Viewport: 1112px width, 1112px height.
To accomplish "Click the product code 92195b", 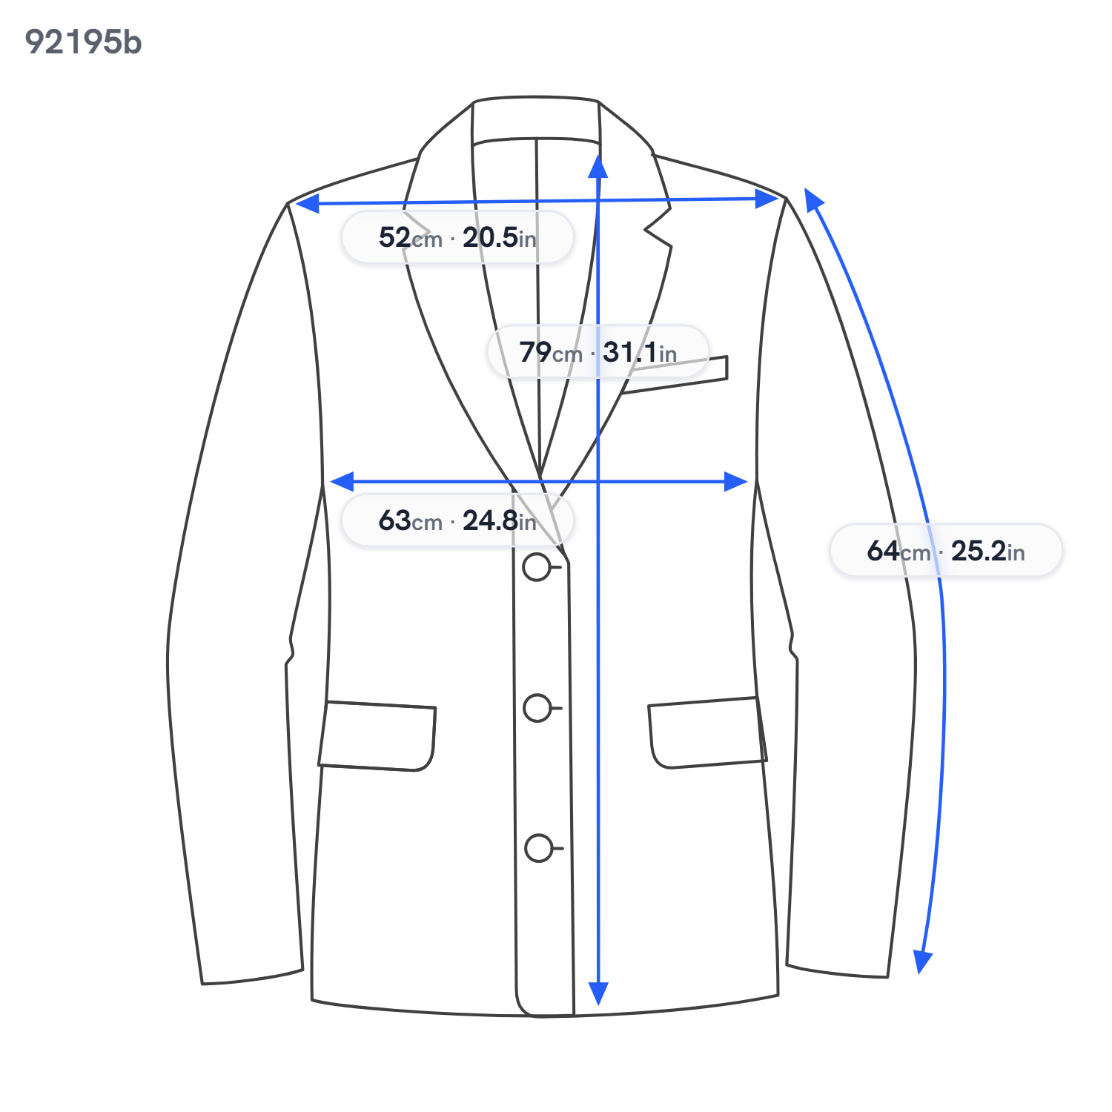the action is click(x=83, y=42).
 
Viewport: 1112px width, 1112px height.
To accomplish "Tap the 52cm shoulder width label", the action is click(x=457, y=237).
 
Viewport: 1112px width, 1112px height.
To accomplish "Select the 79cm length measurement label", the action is click(x=598, y=351).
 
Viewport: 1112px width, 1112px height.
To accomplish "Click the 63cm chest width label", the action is click(x=457, y=520).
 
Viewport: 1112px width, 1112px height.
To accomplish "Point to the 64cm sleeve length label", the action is click(x=946, y=551).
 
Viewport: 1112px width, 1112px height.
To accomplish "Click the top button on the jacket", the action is click(x=537, y=568).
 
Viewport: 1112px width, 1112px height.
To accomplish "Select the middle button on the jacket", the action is click(x=537, y=708).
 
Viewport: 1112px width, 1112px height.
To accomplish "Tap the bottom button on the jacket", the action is click(x=539, y=848).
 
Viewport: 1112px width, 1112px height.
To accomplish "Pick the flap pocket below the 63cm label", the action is click(x=377, y=736).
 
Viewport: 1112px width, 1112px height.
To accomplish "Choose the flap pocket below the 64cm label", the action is click(x=707, y=732).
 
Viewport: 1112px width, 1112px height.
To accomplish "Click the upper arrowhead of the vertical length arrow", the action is click(x=598, y=166).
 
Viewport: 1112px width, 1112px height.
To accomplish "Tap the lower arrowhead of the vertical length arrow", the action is click(x=598, y=993).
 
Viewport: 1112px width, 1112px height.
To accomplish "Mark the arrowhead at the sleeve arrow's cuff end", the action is click(x=922, y=962).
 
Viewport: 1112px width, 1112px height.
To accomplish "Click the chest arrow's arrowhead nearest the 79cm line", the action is click(x=735, y=482).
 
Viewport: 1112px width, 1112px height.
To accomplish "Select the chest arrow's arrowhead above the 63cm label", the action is click(x=342, y=482).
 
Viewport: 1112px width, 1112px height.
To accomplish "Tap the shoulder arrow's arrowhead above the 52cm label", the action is click(x=307, y=203).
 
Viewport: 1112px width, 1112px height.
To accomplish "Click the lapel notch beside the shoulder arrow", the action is click(x=656, y=222).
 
